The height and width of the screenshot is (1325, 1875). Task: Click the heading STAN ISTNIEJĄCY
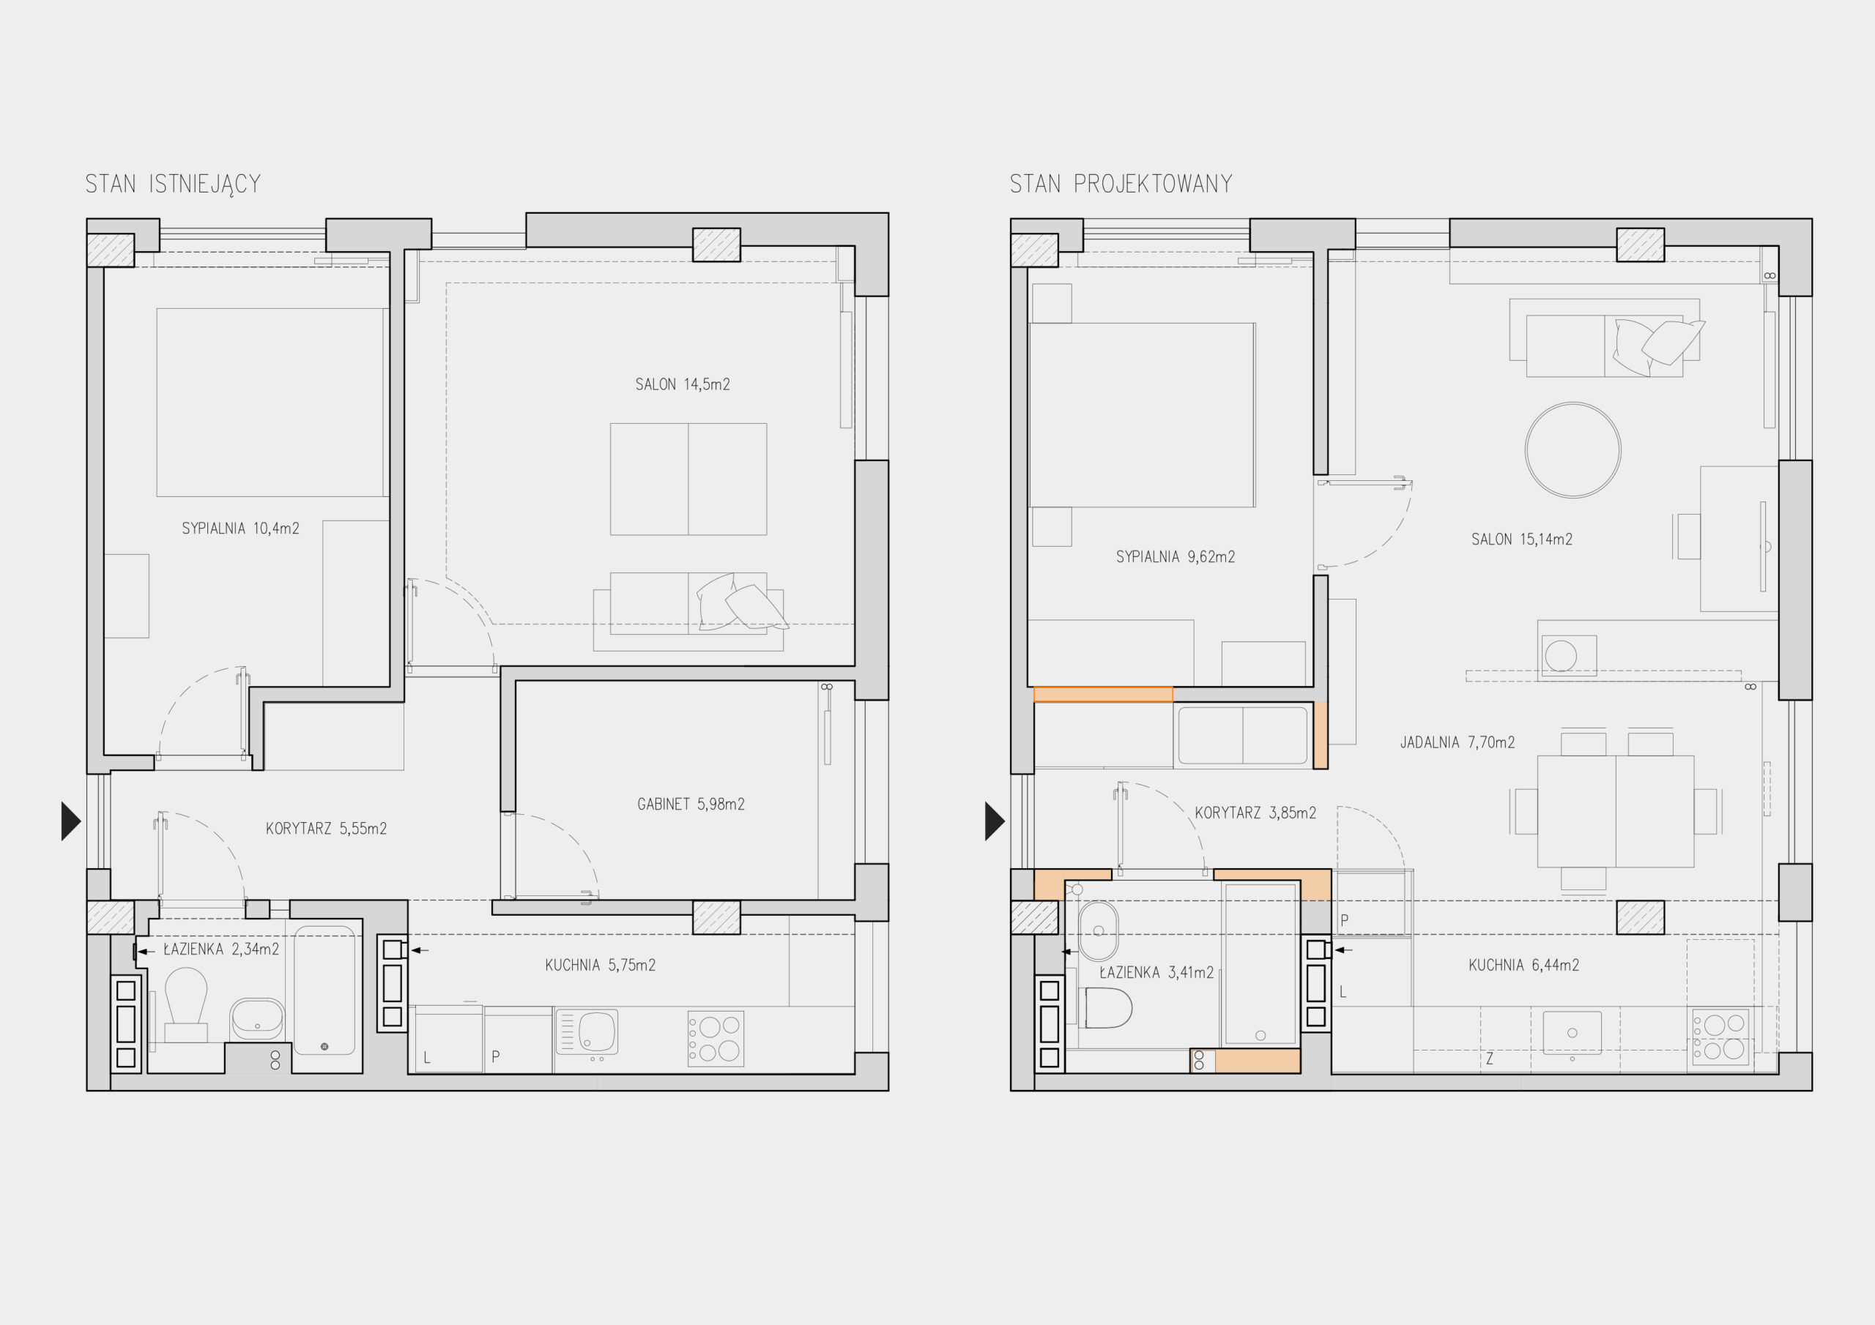click(x=173, y=184)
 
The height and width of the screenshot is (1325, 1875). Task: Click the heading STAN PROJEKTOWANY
click(x=1121, y=184)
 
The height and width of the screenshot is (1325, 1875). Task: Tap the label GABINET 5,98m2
click(x=691, y=804)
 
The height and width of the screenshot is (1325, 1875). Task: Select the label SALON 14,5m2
click(x=683, y=384)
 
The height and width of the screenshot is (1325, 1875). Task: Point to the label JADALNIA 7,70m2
click(x=1458, y=742)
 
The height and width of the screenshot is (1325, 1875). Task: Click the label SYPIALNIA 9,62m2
click(x=1175, y=557)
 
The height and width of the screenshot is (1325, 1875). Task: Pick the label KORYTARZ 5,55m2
click(x=326, y=829)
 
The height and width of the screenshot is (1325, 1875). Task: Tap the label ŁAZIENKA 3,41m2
click(x=1156, y=971)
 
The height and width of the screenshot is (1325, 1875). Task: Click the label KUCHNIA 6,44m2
click(x=1524, y=965)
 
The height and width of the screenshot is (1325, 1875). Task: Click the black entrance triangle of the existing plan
click(x=71, y=821)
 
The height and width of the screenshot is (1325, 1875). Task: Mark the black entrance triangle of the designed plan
click(x=995, y=821)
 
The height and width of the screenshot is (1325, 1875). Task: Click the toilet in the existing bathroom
click(x=186, y=1004)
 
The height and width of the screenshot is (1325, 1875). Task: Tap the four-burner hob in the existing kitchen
click(x=716, y=1039)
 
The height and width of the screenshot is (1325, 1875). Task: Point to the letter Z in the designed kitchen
click(x=1490, y=1059)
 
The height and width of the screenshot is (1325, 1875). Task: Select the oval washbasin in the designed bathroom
click(x=1099, y=930)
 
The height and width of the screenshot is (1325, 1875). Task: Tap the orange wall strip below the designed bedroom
click(x=1102, y=695)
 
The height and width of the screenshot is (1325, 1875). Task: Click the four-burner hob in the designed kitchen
click(x=1720, y=1037)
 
